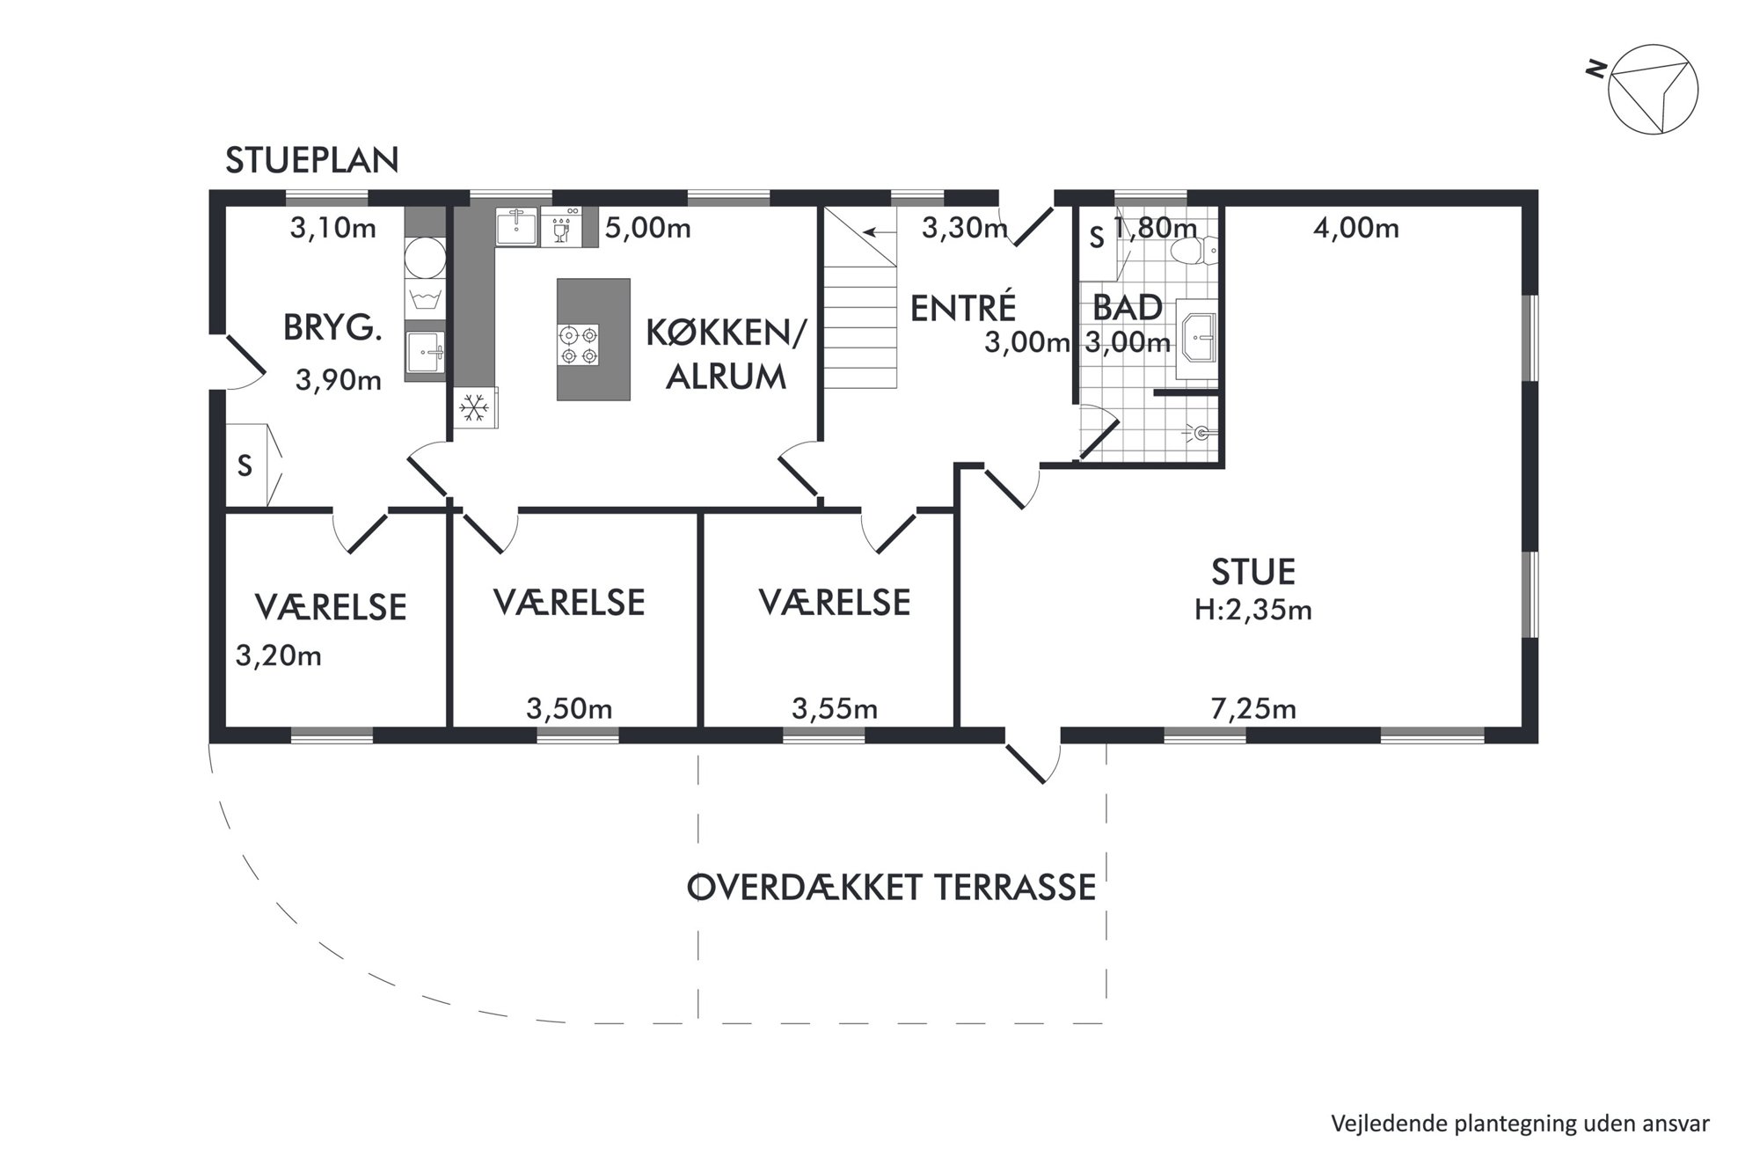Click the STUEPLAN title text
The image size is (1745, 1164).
[x=312, y=160]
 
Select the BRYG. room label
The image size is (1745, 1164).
[x=333, y=328]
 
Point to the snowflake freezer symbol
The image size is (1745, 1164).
[x=476, y=407]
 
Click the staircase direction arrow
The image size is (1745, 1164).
[x=880, y=233]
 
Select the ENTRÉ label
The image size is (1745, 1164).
[x=963, y=309]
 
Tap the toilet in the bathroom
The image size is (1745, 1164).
[x=1195, y=251]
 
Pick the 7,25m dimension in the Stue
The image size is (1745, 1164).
[x=1253, y=709]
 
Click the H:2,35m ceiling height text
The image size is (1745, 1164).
[x=1253, y=610]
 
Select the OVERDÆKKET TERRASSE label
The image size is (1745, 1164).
[x=891, y=888]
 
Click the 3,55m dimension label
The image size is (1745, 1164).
[x=835, y=709]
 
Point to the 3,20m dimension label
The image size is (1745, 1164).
[x=279, y=656]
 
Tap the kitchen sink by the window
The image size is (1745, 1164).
[x=517, y=226]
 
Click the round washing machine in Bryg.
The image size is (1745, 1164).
[x=425, y=256]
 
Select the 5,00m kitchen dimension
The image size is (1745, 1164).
[x=648, y=229]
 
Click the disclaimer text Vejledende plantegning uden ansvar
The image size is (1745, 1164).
[x=1521, y=1124]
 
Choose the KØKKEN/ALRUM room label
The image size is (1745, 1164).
[x=726, y=355]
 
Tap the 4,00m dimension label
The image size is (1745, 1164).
[x=1356, y=229]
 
